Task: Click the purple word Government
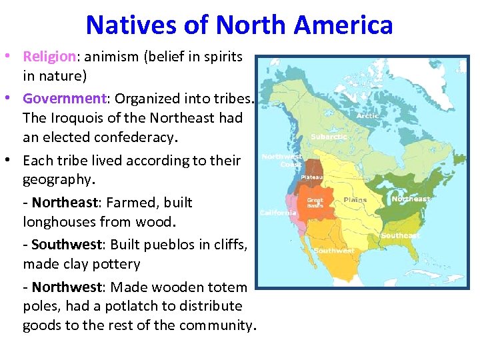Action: coord(65,98)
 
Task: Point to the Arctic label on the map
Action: coord(367,115)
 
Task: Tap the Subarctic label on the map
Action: coord(329,137)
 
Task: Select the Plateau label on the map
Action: coord(311,177)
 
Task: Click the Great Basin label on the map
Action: coord(315,203)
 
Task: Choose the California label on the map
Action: coord(278,213)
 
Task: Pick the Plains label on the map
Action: coord(355,200)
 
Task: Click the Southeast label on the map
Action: coord(400,235)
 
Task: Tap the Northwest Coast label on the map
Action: coord(281,160)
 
